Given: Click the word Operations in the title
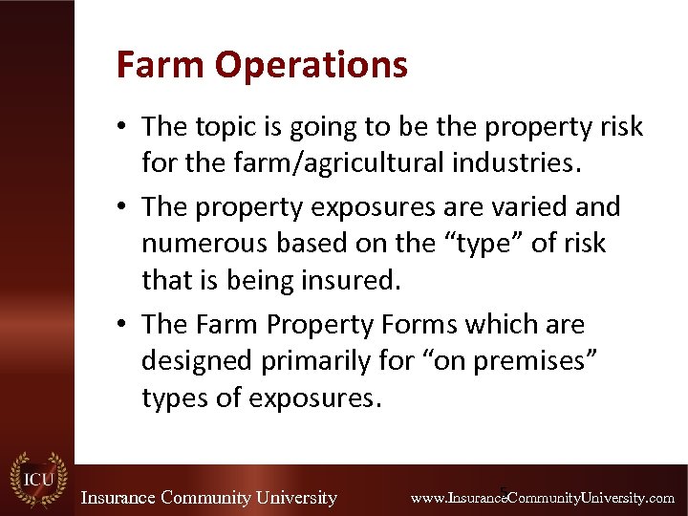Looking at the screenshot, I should coord(312,66).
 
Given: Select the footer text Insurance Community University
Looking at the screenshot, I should coord(208,498).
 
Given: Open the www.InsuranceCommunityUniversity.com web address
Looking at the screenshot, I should coord(542,498).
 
